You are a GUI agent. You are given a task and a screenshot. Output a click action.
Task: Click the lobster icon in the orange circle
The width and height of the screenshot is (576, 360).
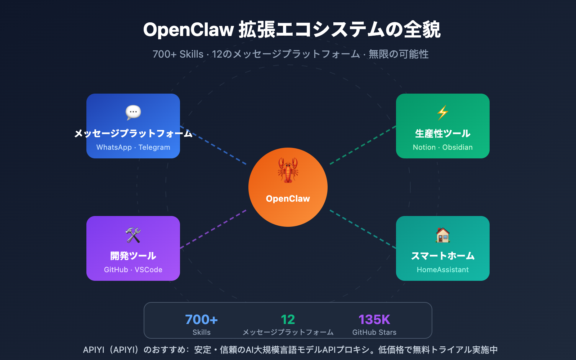coord(288,170)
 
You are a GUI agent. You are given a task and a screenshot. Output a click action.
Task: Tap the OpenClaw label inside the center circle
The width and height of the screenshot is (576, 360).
coord(288,199)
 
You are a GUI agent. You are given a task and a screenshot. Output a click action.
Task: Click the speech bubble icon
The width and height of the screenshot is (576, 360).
coord(133,113)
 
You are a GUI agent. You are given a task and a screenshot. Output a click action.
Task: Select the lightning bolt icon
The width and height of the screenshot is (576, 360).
coord(443,113)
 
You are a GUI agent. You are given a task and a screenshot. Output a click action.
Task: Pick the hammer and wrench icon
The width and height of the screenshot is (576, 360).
coord(133,235)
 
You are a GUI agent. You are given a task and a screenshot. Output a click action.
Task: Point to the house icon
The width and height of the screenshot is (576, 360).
coord(443,235)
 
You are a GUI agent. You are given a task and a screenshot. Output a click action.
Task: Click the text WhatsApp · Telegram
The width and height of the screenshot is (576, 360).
coord(133,147)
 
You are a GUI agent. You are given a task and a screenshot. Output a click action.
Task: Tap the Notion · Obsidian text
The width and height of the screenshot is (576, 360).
coord(443,147)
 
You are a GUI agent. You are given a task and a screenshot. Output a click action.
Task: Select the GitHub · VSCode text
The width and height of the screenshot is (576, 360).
coord(133,270)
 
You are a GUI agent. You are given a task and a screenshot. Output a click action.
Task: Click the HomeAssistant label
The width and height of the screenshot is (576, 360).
coord(443,270)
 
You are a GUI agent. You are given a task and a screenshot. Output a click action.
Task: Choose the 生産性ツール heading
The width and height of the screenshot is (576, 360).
coord(443,134)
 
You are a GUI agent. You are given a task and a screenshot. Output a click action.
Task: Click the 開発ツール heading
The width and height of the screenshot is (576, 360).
coord(133,256)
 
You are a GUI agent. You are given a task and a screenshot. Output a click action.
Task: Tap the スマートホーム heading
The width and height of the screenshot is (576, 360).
coord(443,256)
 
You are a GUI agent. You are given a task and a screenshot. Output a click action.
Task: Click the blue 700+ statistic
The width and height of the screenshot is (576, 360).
coord(202,320)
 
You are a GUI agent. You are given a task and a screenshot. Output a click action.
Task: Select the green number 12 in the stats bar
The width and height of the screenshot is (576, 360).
coord(288,320)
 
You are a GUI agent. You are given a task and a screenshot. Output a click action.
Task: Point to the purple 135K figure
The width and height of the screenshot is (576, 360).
coord(374,320)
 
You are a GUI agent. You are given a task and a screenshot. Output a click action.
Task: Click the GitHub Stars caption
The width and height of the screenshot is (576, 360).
coord(374,332)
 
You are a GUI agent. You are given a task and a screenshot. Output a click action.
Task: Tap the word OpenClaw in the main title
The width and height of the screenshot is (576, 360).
coord(189,30)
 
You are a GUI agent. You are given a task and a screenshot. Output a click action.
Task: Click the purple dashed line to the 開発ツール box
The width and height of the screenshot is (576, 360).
coord(213,229)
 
